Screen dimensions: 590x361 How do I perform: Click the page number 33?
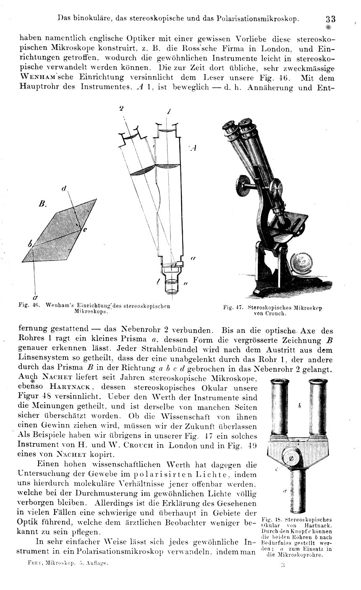point(330,19)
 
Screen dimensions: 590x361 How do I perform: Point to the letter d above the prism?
point(64,189)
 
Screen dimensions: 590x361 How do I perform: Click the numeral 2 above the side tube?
point(121,108)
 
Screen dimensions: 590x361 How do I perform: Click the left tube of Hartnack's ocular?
point(277,406)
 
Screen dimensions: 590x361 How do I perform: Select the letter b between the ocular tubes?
point(299,406)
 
